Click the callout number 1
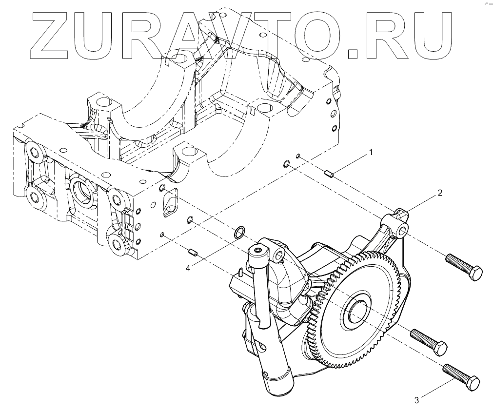point(371,153)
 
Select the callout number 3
point(416,400)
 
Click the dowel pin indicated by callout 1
point(329,173)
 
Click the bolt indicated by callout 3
point(461,376)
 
